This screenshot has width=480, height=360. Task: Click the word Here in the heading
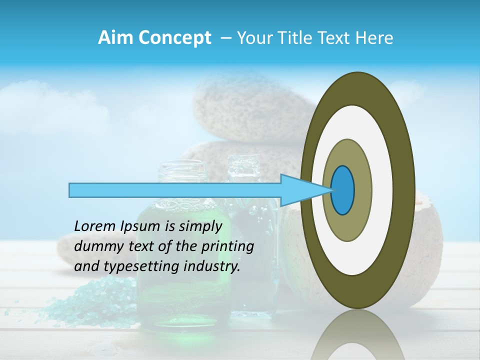click(374, 38)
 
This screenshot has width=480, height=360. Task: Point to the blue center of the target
click(342, 190)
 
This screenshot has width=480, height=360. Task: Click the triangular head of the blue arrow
click(300, 190)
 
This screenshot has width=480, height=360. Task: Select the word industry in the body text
click(212, 266)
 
